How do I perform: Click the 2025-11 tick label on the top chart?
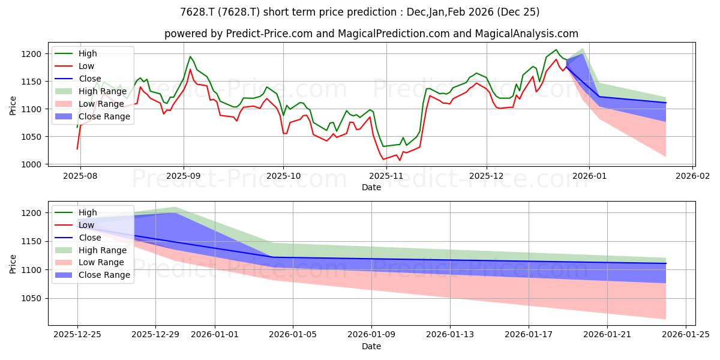(x=386, y=176)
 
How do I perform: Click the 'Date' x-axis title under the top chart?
(x=371, y=187)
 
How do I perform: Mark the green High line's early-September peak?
(x=190, y=56)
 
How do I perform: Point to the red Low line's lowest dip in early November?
(x=400, y=160)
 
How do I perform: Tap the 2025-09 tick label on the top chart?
(x=184, y=176)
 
